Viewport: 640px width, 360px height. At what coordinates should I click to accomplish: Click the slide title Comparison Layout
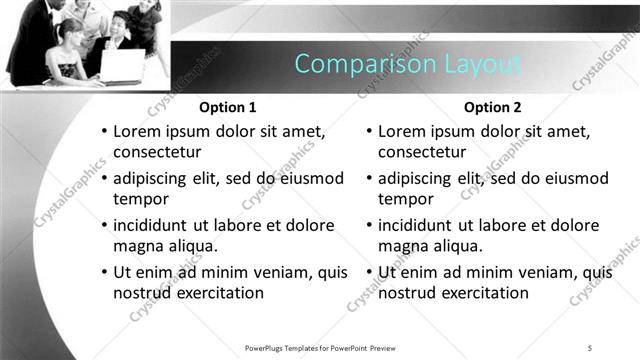pyautogui.click(x=408, y=64)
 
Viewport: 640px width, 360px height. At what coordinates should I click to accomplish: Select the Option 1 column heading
pyautogui.click(x=228, y=107)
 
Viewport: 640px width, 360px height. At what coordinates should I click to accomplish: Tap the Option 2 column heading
pyautogui.click(x=493, y=107)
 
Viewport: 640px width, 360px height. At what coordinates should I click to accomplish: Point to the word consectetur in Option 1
pyautogui.click(x=158, y=152)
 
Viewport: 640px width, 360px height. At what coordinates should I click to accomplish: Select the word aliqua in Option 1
pyautogui.click(x=189, y=246)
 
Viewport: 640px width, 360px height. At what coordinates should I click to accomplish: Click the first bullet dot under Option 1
pyautogui.click(x=103, y=132)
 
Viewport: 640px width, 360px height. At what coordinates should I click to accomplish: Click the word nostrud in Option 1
pyautogui.click(x=141, y=293)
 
